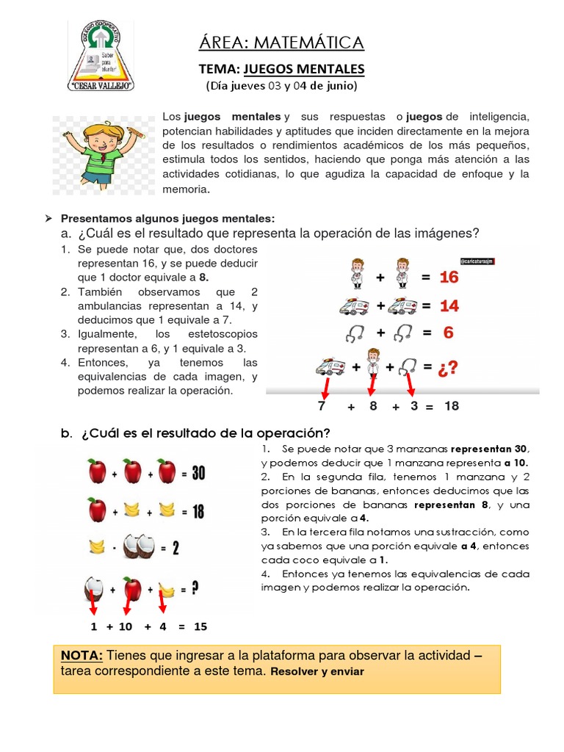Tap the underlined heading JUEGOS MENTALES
click(304, 69)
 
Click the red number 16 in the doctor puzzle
click(449, 278)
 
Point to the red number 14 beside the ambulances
click(449, 305)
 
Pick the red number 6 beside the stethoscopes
click(448, 333)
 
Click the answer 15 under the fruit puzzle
click(200, 626)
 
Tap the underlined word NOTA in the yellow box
click(82, 656)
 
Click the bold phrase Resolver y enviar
click(317, 671)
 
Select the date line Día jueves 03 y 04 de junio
click(281, 87)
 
